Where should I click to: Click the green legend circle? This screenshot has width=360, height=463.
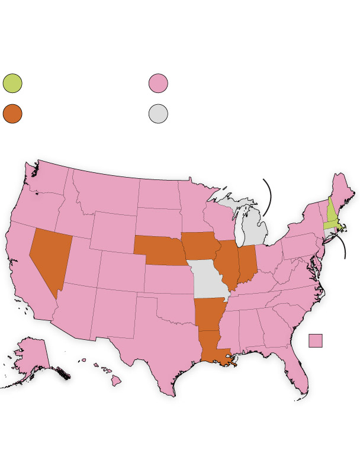point(12,83)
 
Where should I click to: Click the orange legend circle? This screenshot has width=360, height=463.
point(12,114)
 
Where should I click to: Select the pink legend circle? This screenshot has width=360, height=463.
point(158,83)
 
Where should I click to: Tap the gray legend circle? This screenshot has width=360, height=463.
point(158,114)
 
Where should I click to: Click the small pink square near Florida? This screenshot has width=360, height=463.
point(316,340)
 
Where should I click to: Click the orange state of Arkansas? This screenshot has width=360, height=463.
point(207,314)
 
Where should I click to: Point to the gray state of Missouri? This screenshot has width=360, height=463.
point(208,281)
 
